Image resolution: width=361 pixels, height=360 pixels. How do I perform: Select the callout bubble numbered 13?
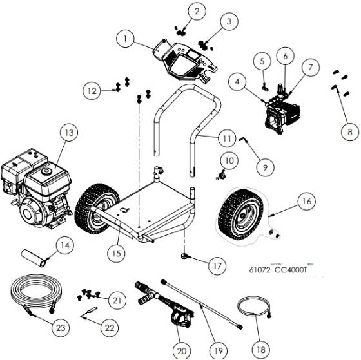[x=68, y=133]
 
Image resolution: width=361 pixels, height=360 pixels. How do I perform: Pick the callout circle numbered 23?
[x=59, y=328]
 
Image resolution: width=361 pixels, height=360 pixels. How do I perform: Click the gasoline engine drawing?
[x=34, y=187]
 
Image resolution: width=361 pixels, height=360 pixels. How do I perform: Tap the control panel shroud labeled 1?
[x=184, y=61]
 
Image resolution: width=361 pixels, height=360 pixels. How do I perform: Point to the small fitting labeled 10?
[x=222, y=173]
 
